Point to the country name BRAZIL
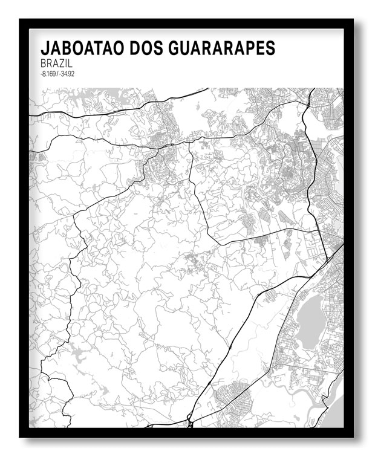point(56,63)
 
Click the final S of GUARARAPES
point(270,48)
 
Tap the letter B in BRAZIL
point(44,63)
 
